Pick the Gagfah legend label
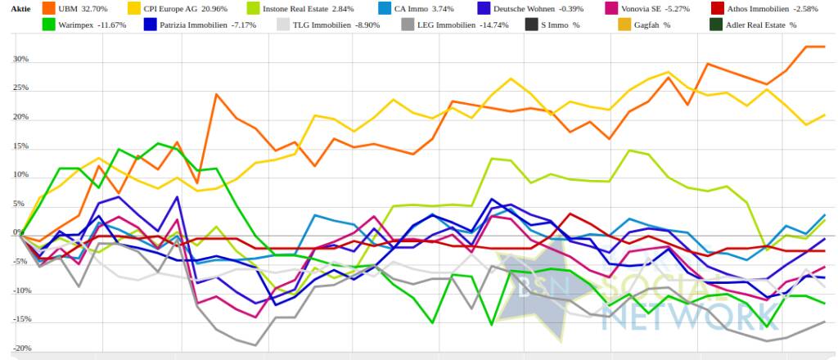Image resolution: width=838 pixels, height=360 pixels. [655, 25]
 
